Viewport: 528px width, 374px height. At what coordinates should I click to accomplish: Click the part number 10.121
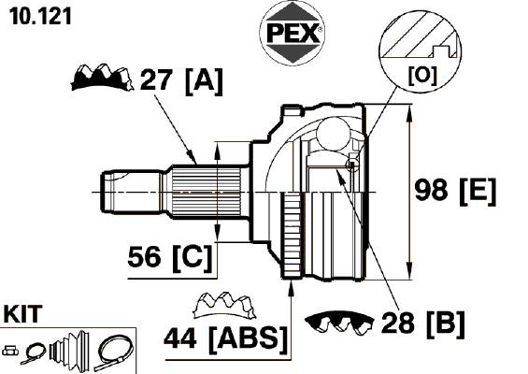41,16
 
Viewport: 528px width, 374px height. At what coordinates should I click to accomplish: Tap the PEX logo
293,33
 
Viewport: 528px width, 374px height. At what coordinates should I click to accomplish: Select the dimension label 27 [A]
181,80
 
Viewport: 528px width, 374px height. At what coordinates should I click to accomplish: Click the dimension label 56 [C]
170,258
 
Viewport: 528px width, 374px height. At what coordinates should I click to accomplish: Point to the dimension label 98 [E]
455,191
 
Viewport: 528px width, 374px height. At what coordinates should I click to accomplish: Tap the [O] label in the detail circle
422,75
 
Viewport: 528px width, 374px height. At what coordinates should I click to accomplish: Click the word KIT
23,314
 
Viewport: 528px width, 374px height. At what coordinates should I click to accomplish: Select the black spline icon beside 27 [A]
101,78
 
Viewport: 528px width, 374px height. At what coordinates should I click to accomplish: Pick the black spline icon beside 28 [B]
339,322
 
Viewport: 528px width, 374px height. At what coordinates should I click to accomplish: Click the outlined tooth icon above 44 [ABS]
224,305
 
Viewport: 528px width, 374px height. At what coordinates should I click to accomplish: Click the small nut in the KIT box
10,351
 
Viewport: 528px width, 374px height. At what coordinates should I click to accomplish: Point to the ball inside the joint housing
334,134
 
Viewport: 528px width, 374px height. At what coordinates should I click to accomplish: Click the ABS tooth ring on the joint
293,236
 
